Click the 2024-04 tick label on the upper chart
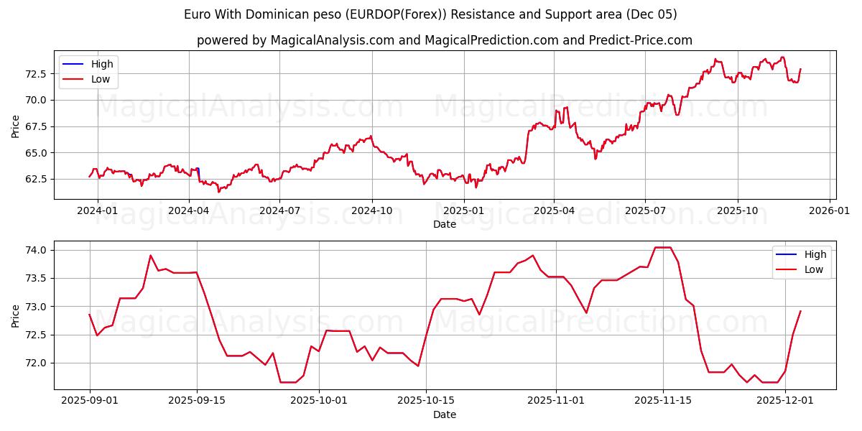189,210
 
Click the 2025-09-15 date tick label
197,400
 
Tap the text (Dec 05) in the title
651,14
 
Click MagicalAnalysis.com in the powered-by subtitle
332,40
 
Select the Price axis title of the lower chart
16,315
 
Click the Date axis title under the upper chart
445,224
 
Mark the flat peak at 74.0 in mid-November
662,247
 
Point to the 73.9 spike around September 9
150,256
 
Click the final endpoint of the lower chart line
800,311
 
